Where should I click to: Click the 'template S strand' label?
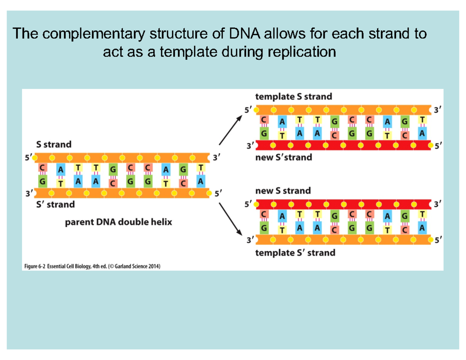tap(293, 97)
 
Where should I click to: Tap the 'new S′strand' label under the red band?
tap(283, 157)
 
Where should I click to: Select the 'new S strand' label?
tap(283, 191)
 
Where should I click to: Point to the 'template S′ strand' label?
tap(295, 253)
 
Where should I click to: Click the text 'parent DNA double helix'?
tap(118, 223)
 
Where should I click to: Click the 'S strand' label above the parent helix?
tap(54, 144)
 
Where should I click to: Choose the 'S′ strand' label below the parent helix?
tap(55, 203)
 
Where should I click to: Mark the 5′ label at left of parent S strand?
tap(28, 158)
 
